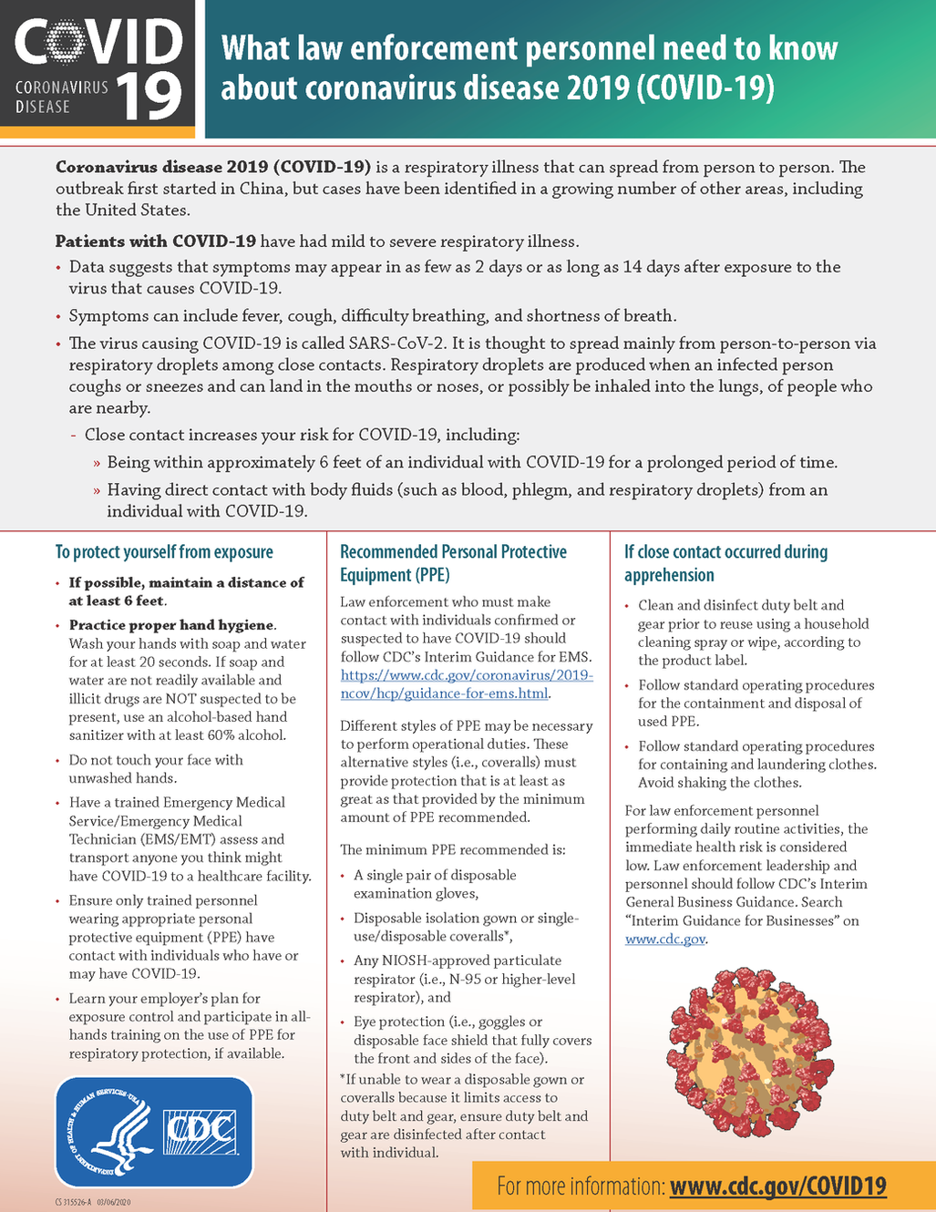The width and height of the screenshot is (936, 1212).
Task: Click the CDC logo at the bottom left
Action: [x=200, y=1132]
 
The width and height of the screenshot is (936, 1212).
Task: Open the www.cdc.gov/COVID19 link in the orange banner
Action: [x=777, y=1186]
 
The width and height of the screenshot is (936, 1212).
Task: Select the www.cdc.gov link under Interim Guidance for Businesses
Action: [x=664, y=939]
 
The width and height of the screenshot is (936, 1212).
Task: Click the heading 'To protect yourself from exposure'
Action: [x=164, y=552]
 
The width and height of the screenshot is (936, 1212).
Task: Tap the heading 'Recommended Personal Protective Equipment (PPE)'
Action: [x=453, y=563]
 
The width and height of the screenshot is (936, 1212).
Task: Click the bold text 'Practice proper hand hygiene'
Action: [x=171, y=625]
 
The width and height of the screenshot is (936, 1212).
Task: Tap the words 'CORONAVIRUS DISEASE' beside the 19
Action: [x=61, y=97]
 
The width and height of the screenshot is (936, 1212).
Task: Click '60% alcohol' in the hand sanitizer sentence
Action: [x=272, y=735]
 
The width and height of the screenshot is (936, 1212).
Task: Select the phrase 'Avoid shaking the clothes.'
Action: [x=719, y=783]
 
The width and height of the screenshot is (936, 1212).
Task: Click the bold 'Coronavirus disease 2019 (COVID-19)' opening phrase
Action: [x=212, y=167]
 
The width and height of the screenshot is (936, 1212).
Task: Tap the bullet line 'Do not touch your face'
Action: [x=156, y=760]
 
